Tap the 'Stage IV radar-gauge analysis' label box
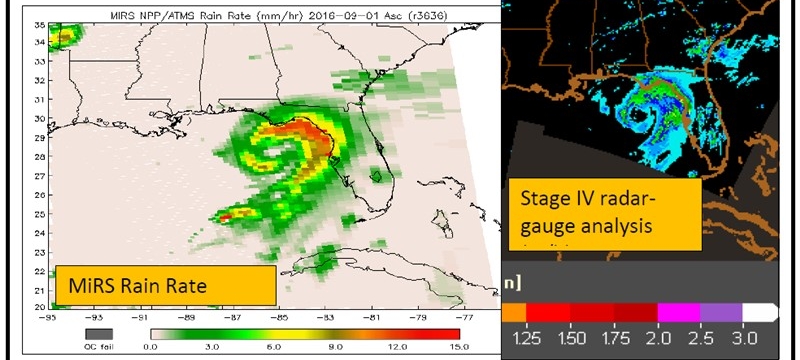(x=588, y=211)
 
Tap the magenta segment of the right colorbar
(x=677, y=312)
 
